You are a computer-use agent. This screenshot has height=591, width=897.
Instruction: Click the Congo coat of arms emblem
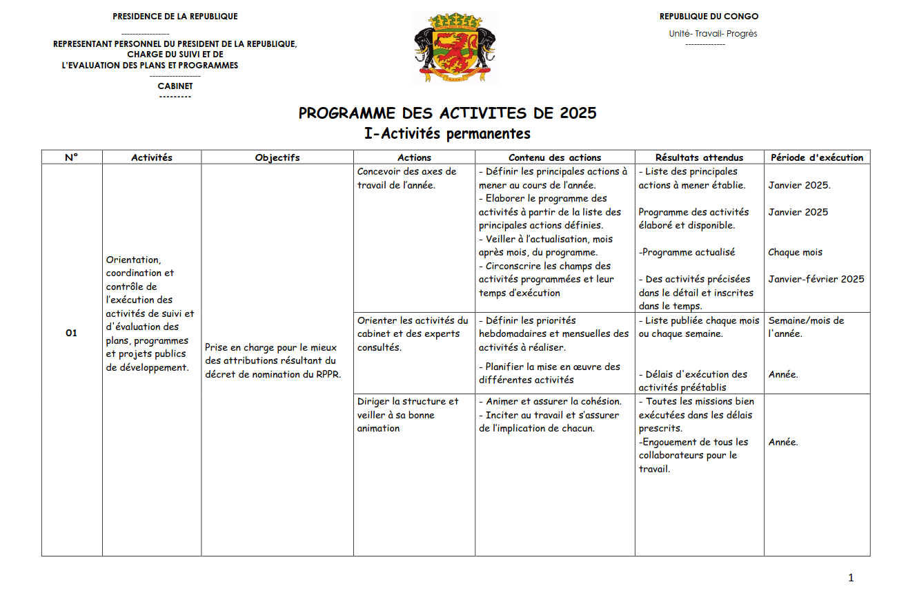(x=454, y=48)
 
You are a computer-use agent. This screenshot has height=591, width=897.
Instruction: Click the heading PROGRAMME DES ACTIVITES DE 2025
(x=447, y=113)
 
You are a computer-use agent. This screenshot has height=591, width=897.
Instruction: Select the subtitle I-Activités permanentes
(x=447, y=133)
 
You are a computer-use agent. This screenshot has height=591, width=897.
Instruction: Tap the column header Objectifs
(x=277, y=157)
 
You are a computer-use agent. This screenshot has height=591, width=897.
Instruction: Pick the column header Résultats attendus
(x=699, y=157)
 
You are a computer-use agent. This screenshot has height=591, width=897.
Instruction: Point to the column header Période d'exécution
(x=817, y=157)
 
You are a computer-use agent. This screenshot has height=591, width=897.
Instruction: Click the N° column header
(x=72, y=157)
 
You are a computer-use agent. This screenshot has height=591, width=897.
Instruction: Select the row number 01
(x=72, y=333)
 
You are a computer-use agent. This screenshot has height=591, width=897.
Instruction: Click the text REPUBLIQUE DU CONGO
(x=709, y=17)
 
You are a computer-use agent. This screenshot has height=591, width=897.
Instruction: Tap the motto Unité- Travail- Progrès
(x=713, y=34)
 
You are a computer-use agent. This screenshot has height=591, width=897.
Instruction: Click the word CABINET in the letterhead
(x=175, y=86)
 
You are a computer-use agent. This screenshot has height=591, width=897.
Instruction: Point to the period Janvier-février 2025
(x=816, y=280)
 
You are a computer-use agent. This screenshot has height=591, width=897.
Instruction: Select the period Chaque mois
(x=795, y=253)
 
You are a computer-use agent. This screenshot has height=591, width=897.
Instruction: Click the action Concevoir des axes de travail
(x=406, y=178)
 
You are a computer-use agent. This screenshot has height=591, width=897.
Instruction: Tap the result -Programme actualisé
(x=687, y=253)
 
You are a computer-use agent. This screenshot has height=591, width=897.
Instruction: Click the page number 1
(x=851, y=578)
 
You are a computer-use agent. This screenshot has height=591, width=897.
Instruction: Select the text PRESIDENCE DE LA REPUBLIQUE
(x=175, y=17)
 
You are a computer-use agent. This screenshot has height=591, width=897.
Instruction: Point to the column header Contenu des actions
(x=555, y=157)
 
